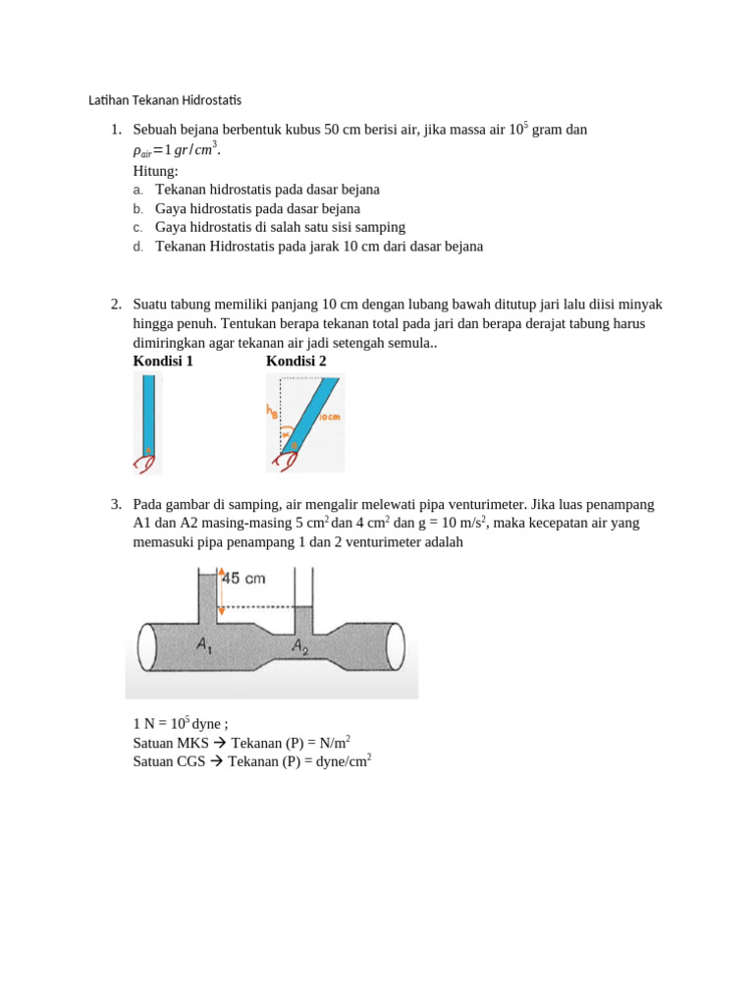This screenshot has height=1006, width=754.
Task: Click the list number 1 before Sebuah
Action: click(x=116, y=130)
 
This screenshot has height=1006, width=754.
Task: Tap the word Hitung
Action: click(x=155, y=170)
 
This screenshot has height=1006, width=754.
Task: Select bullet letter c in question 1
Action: click(x=138, y=227)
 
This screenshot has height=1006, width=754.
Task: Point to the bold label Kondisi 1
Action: click(x=163, y=361)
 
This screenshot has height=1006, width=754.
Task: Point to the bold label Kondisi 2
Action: click(x=296, y=361)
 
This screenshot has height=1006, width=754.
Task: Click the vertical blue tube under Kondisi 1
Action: click(x=148, y=413)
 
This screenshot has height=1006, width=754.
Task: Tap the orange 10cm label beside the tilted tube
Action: click(x=331, y=418)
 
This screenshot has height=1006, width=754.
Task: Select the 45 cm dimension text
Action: click(x=243, y=579)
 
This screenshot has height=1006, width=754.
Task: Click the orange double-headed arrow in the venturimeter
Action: click(x=222, y=590)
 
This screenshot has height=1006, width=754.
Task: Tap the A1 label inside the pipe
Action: click(x=204, y=645)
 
